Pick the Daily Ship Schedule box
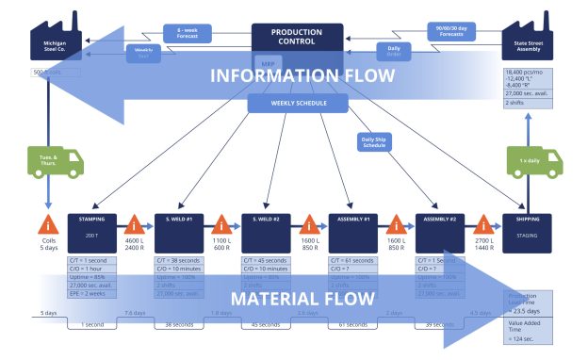click(376, 142)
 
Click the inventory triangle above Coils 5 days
click(47, 225)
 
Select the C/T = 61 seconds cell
click(352, 260)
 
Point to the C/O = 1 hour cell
click(91, 270)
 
